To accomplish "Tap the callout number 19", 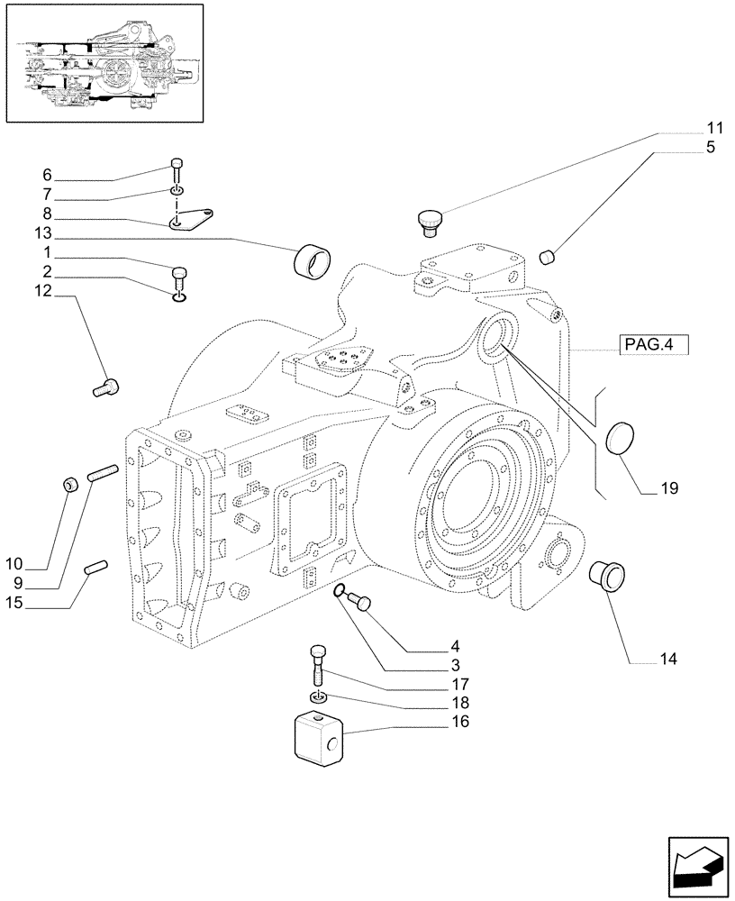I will (x=667, y=488).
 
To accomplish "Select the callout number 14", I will (x=667, y=659).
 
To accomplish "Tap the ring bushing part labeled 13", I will (x=312, y=260).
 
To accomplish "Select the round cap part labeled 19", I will (x=621, y=440).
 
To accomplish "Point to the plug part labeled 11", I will (x=429, y=222).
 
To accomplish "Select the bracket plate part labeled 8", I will (x=195, y=219).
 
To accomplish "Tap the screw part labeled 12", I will (x=106, y=388).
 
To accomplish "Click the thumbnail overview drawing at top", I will (x=104, y=62).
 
